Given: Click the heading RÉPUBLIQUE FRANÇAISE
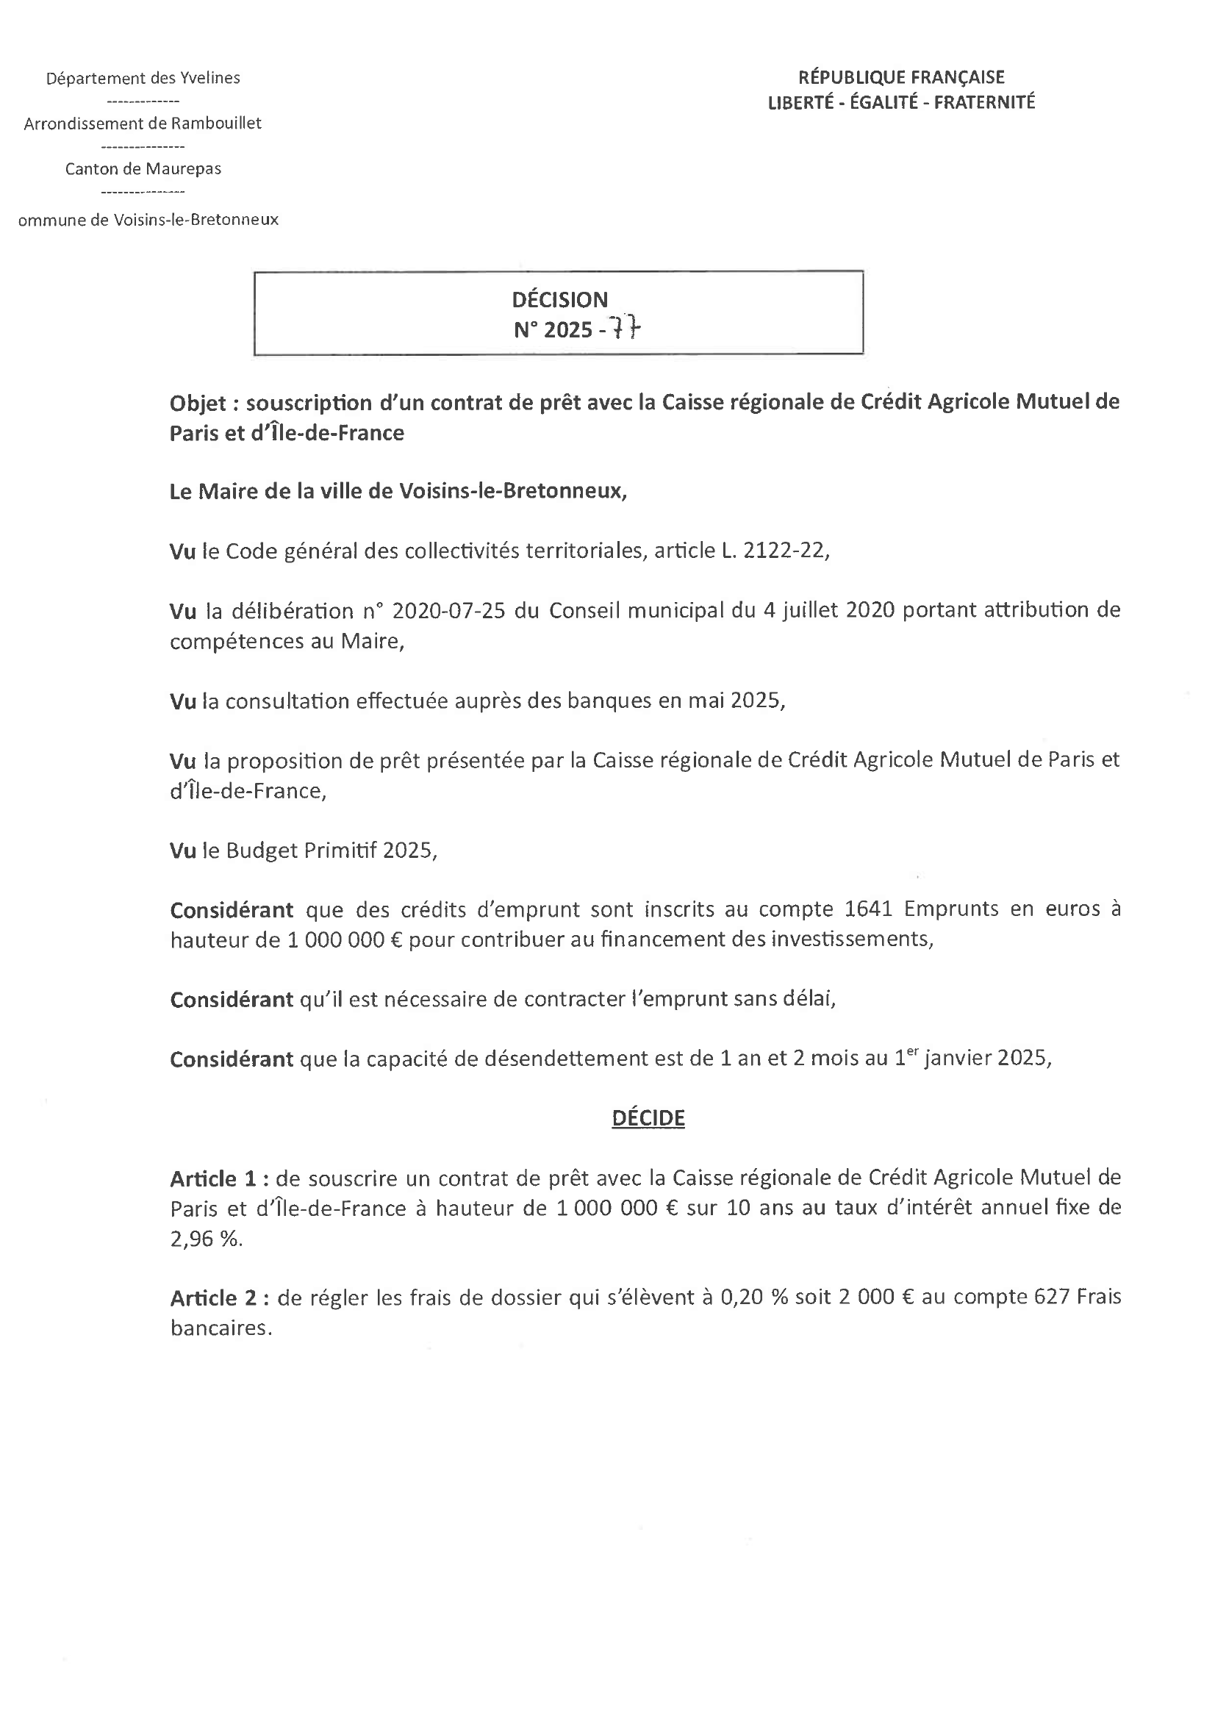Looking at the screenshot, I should pos(901,77).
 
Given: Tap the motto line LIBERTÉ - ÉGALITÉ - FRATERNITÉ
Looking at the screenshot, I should pos(901,102).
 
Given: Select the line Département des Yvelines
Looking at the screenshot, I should pos(143,79).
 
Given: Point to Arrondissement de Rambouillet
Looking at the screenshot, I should pos(143,124).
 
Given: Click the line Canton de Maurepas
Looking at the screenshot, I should pos(143,169).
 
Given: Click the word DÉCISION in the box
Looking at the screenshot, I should pos(559,300).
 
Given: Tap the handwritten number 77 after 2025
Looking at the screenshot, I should pos(626,329).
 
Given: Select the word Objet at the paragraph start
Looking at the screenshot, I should pos(198,404).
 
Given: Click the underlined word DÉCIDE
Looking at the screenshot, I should pos(648,1118).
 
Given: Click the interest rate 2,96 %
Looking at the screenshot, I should pos(206,1239).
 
